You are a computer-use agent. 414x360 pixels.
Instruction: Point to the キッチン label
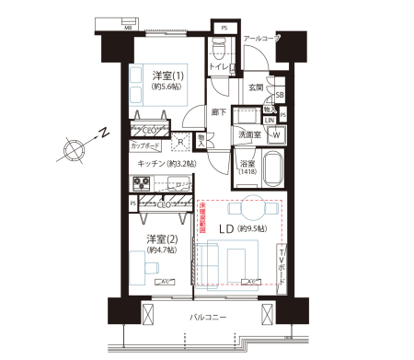pos(151,164)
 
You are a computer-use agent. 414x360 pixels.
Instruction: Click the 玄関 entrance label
pos(255,87)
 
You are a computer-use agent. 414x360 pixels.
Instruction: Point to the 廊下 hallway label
pos(219,111)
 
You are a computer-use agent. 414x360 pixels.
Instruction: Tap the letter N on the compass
pos(106,135)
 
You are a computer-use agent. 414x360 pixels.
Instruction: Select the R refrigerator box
pos(180,143)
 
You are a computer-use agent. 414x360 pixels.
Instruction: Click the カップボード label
pos(145,146)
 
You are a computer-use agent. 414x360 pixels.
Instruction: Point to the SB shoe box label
pos(279,95)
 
